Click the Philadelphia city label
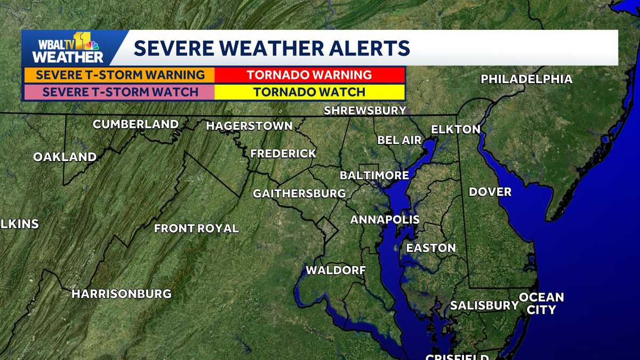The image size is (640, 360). [x=526, y=79]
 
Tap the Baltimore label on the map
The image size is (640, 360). [x=374, y=175]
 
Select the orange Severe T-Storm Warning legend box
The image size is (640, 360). [x=120, y=75]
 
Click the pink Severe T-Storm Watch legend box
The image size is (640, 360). [x=120, y=92]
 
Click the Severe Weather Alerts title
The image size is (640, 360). [x=271, y=48]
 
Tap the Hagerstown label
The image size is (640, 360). [x=249, y=126]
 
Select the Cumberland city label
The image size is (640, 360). [x=135, y=124]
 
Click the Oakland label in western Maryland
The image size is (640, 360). [x=65, y=157]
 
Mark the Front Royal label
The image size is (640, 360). [x=196, y=229]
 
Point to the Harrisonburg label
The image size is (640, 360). [x=121, y=294]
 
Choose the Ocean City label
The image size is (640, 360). [x=541, y=303]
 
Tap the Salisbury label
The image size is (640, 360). [x=484, y=306]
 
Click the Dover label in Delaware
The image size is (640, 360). [x=490, y=192]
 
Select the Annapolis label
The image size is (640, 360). [x=385, y=220]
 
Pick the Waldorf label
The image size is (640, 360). [x=335, y=270]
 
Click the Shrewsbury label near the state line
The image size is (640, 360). [x=365, y=111]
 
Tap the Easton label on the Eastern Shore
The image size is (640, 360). [x=430, y=248]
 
